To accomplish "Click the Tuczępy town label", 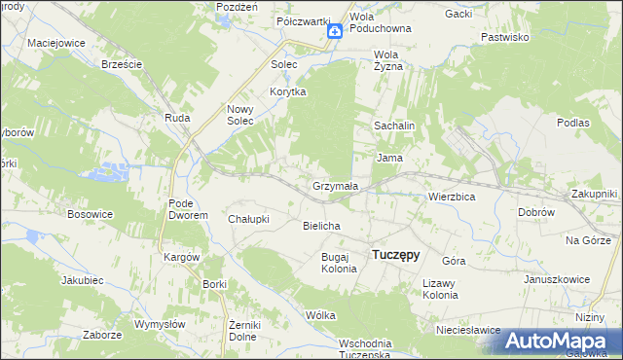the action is point(396,255).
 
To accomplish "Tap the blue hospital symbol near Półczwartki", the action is point(334,32).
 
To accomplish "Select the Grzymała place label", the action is point(335,185).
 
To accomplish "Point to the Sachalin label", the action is point(395,126).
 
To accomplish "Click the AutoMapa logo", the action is point(563,341).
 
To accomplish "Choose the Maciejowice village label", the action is point(56,44).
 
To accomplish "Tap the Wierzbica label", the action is point(452,196).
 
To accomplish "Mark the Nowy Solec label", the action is point(240,115).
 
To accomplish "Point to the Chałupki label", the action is point(247,219).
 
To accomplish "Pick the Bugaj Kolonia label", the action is point(340,262).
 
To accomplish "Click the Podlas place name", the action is point(573,123).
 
